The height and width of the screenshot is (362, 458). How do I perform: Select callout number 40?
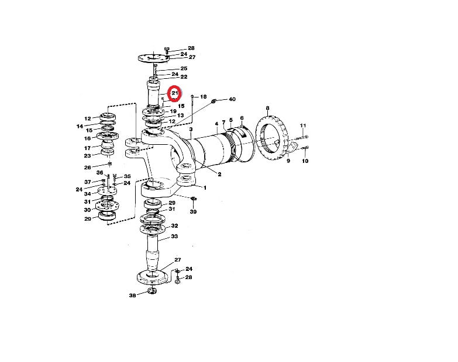click(232, 99)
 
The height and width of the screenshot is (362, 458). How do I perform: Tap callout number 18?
click(204, 97)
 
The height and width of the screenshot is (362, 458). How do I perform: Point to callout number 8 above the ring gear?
click(267, 109)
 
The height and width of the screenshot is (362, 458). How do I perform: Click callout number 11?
click(303, 126)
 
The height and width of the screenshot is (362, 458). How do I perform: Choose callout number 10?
click(305, 161)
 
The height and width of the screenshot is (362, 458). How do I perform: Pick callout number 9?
click(288, 161)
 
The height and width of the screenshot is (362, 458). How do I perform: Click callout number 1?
click(205, 188)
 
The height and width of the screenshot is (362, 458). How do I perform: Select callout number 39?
click(194, 212)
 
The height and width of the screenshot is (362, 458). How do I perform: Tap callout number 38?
click(133, 295)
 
